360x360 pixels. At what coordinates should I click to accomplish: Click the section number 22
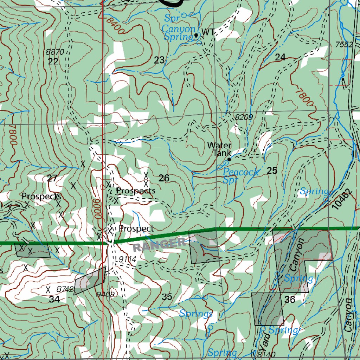[x=53, y=62]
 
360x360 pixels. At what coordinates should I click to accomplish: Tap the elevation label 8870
[x=55, y=52]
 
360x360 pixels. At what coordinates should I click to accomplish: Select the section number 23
[x=159, y=60]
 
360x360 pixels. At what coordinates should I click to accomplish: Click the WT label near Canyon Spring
[x=208, y=32]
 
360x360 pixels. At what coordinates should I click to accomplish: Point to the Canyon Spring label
[x=178, y=33]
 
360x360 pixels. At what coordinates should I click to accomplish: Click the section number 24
[x=280, y=58]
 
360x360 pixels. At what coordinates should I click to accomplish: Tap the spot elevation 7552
[x=343, y=45]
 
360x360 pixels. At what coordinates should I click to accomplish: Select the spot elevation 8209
[x=244, y=117]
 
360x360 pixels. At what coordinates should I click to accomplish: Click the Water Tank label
[x=220, y=149]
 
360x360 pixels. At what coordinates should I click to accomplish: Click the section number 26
[x=164, y=178]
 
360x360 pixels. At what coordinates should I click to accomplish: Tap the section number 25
[x=272, y=171]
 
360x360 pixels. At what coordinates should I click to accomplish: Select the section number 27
[x=52, y=178]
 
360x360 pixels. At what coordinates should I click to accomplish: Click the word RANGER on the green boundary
[x=159, y=244]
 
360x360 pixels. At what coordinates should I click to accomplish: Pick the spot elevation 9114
[x=127, y=259]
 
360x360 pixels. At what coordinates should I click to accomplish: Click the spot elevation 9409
[x=105, y=294]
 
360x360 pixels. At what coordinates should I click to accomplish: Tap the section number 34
[x=54, y=300]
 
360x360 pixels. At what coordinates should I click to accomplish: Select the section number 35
[x=167, y=297]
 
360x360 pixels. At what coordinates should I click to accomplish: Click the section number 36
[x=290, y=300]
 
